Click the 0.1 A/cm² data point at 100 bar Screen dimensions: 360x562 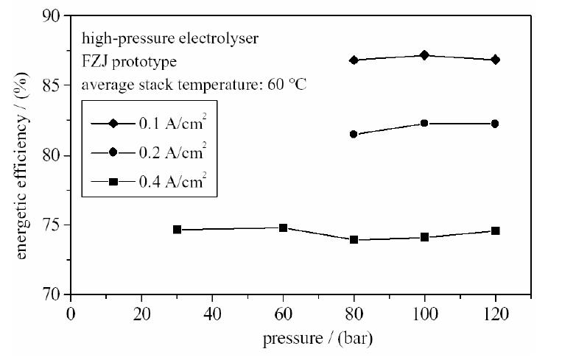point(424,55)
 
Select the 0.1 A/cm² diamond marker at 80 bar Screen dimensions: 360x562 point(354,60)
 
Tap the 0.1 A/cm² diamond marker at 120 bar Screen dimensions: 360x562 point(495,60)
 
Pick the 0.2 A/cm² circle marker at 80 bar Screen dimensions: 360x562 point(354,134)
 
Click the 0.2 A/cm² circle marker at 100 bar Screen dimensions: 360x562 point(424,123)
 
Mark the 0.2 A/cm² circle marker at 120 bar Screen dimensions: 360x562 point(495,124)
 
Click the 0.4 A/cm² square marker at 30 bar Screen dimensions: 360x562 point(177,230)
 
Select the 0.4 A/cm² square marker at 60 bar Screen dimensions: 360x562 point(283,227)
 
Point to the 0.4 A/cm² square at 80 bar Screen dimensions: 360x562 point(354,239)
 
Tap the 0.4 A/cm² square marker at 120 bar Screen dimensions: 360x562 point(495,230)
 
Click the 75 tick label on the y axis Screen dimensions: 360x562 point(52,225)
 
